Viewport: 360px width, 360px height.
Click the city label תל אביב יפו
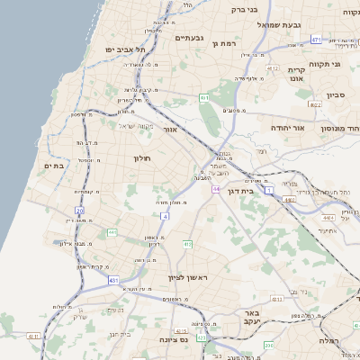pos(124,49)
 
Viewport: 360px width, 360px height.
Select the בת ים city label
pos(54,166)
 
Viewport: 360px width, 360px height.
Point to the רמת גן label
pos(223,43)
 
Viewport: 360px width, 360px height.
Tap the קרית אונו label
pos(297,74)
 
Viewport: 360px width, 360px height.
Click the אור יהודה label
pos(288,128)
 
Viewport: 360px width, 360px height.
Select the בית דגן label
pos(262,190)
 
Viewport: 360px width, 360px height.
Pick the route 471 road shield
pos(316,40)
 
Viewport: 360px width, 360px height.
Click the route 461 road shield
pos(205,97)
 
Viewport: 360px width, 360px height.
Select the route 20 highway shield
pos(79,211)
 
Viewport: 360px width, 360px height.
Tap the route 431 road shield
pos(114,281)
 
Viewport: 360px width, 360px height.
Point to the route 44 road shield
pos(217,189)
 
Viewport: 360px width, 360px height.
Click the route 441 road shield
pos(112,232)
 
